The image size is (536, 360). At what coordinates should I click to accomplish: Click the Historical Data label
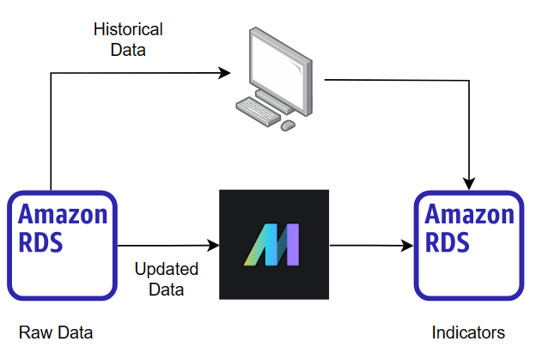[128, 40]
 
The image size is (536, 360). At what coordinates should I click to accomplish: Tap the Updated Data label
[166, 279]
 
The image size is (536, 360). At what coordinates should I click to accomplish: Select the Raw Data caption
[55, 333]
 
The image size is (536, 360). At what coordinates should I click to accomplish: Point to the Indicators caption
[468, 333]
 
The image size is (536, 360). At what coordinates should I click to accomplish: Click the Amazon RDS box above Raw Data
[63, 245]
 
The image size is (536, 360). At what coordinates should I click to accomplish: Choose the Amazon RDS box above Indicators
[470, 245]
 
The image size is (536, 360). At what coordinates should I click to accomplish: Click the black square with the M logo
[274, 244]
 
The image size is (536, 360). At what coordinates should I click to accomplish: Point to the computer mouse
[288, 125]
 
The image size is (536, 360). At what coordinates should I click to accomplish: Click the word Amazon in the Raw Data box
[63, 214]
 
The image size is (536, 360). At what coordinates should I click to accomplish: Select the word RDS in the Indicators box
[448, 242]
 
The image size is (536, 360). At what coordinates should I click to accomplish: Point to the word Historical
[128, 30]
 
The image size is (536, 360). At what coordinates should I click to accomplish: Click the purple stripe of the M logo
[292, 246]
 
